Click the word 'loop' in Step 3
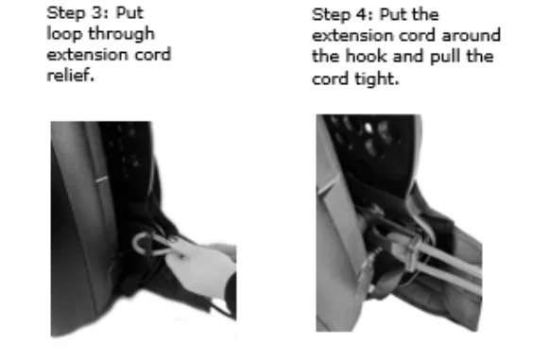65,34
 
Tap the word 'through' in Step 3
121,34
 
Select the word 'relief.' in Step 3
70,75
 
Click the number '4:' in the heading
365,15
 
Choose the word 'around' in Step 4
471,36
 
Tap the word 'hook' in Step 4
367,56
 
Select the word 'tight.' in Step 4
377,78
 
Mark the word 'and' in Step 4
408,57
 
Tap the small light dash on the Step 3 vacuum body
101,180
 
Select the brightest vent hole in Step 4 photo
368,128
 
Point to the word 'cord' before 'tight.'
330,78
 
